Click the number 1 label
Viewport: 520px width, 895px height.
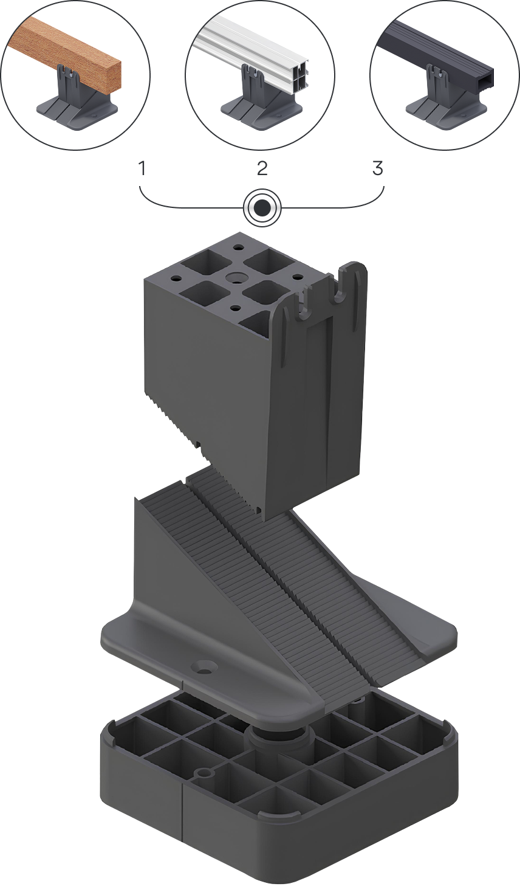[x=142, y=168]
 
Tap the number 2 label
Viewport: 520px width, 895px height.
[x=262, y=168]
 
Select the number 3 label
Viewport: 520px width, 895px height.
[x=377, y=168]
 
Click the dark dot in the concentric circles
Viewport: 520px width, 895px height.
[x=262, y=207]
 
